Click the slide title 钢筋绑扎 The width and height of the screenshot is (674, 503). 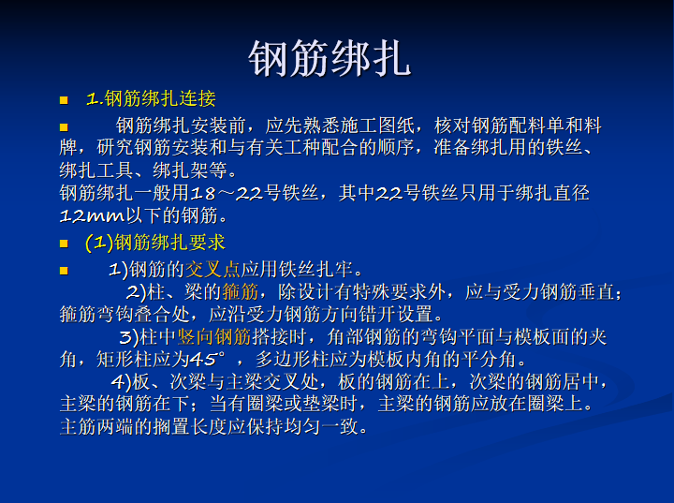click(x=330, y=59)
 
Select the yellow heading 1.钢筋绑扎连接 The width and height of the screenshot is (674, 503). click(x=151, y=99)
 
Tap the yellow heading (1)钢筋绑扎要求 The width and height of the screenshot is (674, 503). click(x=155, y=243)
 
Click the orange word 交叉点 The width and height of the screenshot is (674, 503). click(x=212, y=270)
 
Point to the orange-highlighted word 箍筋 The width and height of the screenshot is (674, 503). click(x=241, y=292)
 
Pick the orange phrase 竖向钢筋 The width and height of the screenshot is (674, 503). click(x=214, y=337)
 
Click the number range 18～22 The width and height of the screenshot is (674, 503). click(x=226, y=193)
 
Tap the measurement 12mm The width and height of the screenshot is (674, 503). click(x=93, y=215)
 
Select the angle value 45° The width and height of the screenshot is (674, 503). click(x=207, y=359)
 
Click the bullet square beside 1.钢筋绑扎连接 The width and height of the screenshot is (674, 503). click(x=64, y=100)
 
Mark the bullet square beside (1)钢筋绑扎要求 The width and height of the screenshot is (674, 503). click(x=64, y=244)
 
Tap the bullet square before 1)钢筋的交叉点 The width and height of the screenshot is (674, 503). click(x=64, y=271)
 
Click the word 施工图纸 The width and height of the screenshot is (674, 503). click(x=377, y=126)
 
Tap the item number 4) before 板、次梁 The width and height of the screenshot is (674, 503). click(x=121, y=381)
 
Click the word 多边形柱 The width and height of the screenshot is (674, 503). click(x=292, y=360)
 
